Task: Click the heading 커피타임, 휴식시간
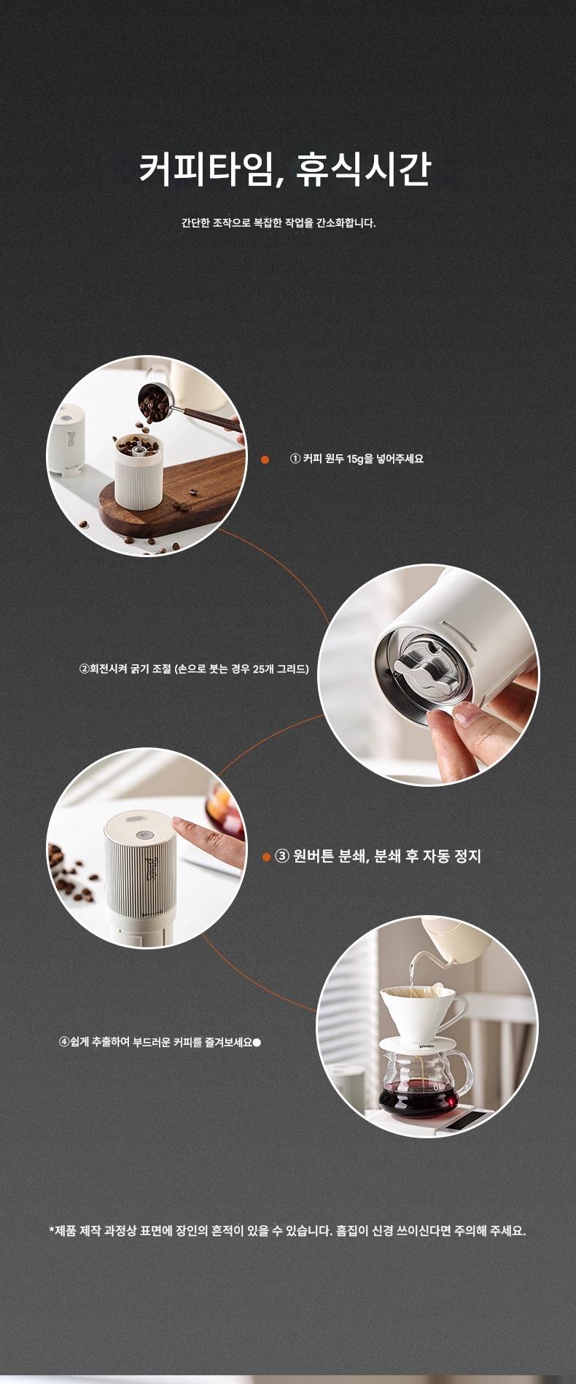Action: click(285, 169)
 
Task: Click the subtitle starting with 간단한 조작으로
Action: click(279, 222)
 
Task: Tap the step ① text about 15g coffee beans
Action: click(357, 459)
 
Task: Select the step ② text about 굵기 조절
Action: click(194, 668)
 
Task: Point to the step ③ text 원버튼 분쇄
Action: click(378, 856)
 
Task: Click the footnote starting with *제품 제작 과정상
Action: click(287, 1231)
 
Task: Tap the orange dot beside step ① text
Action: click(265, 459)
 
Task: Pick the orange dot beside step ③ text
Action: click(266, 857)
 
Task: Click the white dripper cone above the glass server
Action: click(423, 1008)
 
